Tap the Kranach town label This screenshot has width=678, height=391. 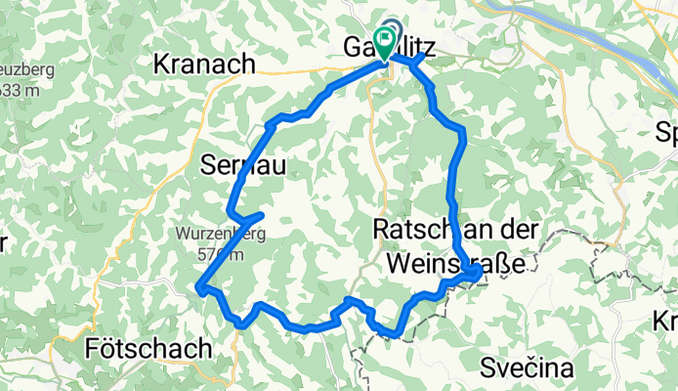(205, 65)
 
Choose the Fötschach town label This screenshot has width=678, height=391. (148, 349)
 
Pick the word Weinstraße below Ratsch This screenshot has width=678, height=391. (459, 263)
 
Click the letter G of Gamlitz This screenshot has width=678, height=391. (354, 47)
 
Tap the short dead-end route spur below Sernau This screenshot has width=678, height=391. (250, 216)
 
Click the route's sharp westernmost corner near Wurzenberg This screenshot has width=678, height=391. (199, 287)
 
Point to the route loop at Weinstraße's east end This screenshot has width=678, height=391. (474, 277)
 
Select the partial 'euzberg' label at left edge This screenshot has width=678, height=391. (19, 73)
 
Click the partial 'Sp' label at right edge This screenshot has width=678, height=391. (667, 132)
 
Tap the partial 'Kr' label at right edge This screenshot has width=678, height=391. (666, 321)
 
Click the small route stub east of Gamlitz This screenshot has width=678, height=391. (417, 63)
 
